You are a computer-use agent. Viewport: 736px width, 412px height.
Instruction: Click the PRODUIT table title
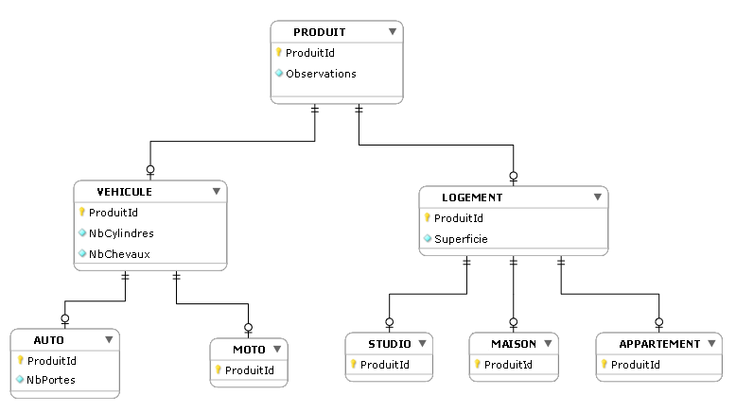(x=319, y=32)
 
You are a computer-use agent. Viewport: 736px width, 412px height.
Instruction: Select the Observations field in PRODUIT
(x=321, y=74)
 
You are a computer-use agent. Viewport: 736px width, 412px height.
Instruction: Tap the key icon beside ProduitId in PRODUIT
(x=279, y=53)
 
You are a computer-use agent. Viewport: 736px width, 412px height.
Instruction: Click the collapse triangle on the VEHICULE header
(x=217, y=192)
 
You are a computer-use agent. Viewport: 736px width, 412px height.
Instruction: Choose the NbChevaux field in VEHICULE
(x=119, y=253)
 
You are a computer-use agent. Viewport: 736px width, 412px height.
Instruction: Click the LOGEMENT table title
(x=472, y=198)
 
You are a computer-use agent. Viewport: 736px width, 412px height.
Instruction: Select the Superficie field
(x=461, y=239)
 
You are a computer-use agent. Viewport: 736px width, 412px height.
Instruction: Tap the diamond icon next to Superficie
(x=428, y=239)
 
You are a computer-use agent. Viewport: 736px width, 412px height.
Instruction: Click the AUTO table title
(x=49, y=339)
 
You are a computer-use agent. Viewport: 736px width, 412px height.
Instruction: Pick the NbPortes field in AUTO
(x=51, y=380)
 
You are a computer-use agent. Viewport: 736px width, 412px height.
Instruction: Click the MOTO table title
(x=249, y=351)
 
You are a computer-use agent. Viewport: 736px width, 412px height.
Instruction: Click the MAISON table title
(x=514, y=344)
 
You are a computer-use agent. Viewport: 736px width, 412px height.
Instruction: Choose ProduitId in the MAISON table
(x=508, y=365)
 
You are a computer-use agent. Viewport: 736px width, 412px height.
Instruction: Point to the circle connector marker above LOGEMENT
(x=514, y=175)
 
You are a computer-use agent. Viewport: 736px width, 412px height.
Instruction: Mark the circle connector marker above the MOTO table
(x=249, y=328)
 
